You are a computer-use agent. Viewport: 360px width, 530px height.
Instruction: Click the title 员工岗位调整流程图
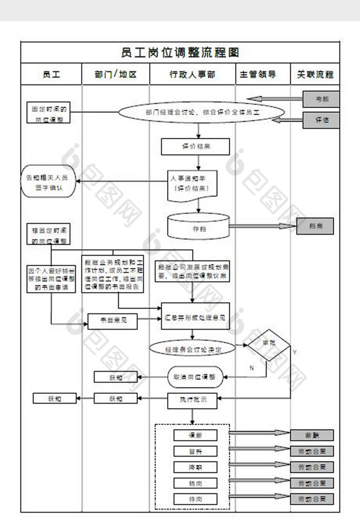pos(180,52)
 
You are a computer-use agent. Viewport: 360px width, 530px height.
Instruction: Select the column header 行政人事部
pos(192,74)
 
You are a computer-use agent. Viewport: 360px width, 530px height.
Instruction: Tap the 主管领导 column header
pos(263,74)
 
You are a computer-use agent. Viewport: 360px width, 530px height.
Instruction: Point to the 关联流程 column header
pos(315,74)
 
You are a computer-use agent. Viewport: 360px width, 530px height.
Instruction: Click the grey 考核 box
pos(321,98)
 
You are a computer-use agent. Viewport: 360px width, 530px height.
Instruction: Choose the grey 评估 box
pos(321,120)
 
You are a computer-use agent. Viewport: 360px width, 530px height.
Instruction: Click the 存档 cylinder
pos(198,226)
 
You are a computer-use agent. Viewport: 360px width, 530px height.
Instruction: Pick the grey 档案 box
pos(315,226)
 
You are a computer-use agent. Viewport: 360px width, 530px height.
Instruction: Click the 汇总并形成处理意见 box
pos(195,315)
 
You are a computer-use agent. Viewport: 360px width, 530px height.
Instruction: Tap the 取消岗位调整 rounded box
pos(195,377)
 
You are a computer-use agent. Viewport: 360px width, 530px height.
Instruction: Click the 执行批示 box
pos(193,399)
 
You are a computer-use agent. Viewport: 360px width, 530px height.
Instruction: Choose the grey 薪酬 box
pos(312,435)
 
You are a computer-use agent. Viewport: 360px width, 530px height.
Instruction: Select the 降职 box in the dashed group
pos(195,467)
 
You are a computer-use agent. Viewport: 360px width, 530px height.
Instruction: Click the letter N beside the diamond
pos(251,367)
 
